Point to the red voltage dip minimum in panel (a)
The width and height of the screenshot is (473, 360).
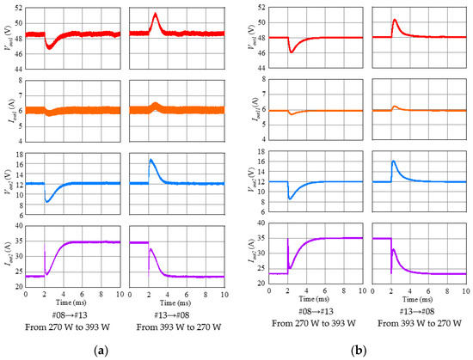pos(49,47)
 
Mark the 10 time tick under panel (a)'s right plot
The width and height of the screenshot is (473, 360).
pos(223,295)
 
